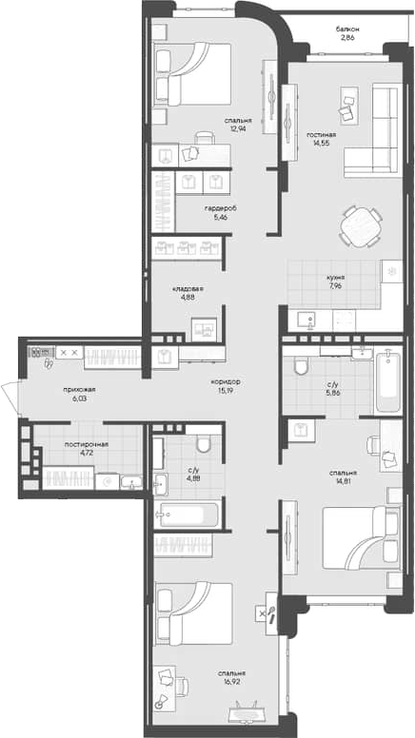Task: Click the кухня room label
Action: point(332,277)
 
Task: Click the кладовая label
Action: point(188,287)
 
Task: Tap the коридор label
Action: point(227,381)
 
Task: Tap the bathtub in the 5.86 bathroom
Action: point(387,382)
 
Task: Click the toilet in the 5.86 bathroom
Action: point(300,366)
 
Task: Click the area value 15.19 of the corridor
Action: point(227,390)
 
